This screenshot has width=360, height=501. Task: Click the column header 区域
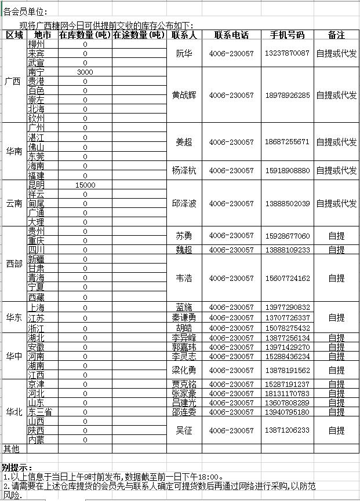pyautogui.click(x=14, y=35)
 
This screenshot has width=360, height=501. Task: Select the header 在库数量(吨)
pyautogui.click(x=85, y=35)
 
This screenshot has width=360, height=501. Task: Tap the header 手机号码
pyautogui.click(x=287, y=35)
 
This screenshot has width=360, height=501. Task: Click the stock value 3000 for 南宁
pyautogui.click(x=85, y=72)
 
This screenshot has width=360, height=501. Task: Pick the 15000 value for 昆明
pyautogui.click(x=85, y=185)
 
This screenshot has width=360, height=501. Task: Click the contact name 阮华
pyautogui.click(x=184, y=53)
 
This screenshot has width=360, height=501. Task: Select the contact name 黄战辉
pyautogui.click(x=184, y=95)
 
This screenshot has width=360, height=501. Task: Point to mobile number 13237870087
pyautogui.click(x=287, y=53)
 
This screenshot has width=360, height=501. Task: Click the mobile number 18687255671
pyautogui.click(x=287, y=142)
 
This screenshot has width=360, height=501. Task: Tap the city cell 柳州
pyautogui.click(x=36, y=44)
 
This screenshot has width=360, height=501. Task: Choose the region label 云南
pyautogui.click(x=14, y=203)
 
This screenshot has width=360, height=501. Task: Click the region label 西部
pyautogui.click(x=14, y=264)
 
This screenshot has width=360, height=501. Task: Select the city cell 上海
pyautogui.click(x=36, y=307)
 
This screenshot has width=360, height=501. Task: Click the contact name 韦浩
pyautogui.click(x=184, y=278)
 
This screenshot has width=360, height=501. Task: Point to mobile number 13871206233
pyautogui.click(x=287, y=430)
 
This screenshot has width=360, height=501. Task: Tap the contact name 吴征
pyautogui.click(x=184, y=430)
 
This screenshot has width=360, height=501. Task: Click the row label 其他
pyautogui.click(x=12, y=449)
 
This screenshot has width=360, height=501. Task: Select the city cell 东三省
pyautogui.click(x=40, y=412)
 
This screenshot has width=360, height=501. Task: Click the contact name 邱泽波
pyautogui.click(x=184, y=204)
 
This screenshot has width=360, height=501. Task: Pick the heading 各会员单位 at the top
pyautogui.click(x=26, y=12)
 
